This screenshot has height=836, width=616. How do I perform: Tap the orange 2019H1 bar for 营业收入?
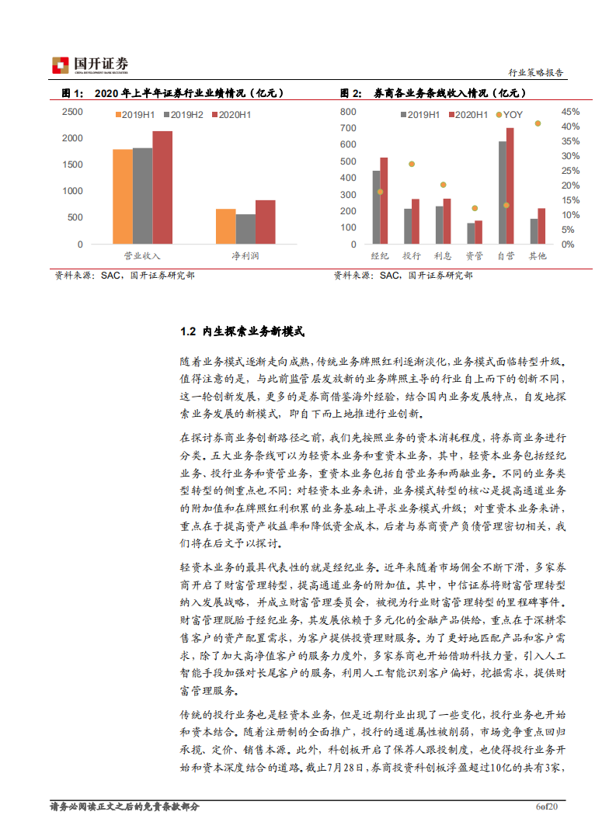(123, 197)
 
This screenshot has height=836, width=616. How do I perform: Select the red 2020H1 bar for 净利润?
(265, 222)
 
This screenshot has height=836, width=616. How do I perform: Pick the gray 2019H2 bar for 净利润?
(245, 229)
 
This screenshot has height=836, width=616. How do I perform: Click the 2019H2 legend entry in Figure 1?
(183, 115)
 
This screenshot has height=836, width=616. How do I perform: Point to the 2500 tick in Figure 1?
(72, 112)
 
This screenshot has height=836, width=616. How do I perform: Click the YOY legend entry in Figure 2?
(509, 115)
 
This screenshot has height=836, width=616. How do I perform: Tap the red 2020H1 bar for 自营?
(510, 186)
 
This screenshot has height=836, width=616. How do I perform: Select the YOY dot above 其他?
(538, 123)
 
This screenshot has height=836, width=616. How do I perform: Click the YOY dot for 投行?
(412, 164)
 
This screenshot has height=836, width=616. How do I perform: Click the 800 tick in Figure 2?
(348, 111)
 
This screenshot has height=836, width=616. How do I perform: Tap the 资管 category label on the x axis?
(474, 255)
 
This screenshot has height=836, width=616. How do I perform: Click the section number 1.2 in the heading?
(187, 331)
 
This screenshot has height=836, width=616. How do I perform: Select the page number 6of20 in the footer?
(548, 807)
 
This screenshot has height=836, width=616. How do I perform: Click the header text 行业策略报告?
(536, 73)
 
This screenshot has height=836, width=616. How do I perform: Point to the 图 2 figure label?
(350, 93)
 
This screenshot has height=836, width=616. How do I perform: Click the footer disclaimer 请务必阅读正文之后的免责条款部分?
(124, 807)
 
